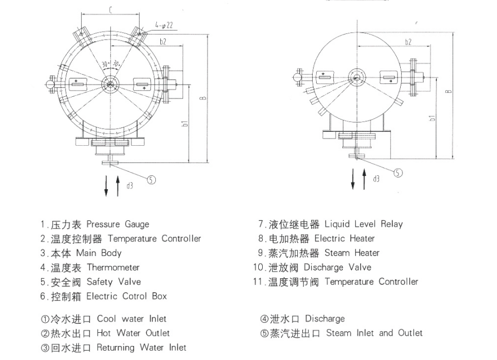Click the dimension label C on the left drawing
click(x=111, y=9)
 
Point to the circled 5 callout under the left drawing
click(x=152, y=179)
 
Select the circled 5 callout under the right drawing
click(x=398, y=172)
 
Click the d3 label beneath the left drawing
click(x=129, y=185)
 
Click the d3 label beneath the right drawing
click(x=377, y=179)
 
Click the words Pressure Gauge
click(x=118, y=224)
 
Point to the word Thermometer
click(x=113, y=268)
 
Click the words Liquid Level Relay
click(x=363, y=224)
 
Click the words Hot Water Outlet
click(x=133, y=333)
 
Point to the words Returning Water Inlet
click(x=141, y=348)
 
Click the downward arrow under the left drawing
click(x=106, y=185)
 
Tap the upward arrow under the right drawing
click(x=365, y=174)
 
